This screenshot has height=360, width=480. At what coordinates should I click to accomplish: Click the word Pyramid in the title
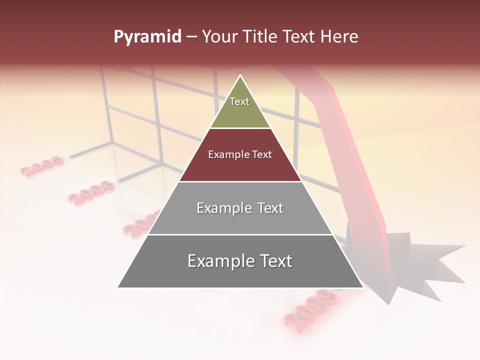coord(147,37)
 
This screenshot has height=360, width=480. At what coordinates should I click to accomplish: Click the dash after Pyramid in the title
coord(191,37)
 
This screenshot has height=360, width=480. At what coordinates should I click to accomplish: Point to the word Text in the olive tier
coord(239,101)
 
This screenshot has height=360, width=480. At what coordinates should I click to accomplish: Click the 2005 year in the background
coord(42,166)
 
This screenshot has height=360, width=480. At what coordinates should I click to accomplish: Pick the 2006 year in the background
coord(91,192)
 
